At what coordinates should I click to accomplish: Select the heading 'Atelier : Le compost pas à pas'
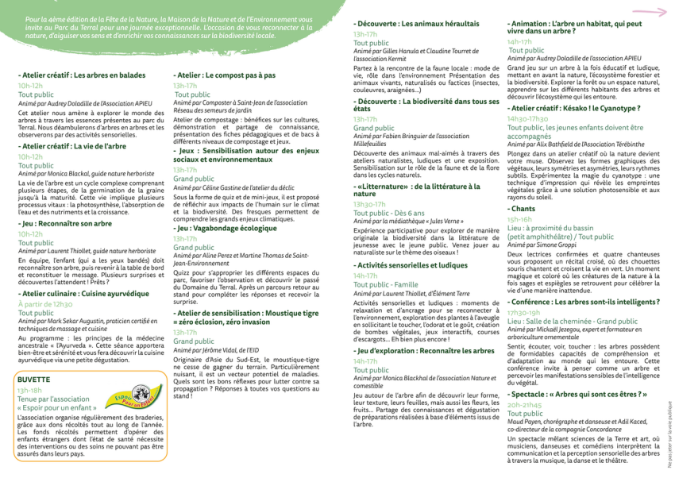(225, 75)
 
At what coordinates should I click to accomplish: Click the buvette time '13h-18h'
(30, 391)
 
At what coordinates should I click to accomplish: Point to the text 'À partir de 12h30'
(45, 304)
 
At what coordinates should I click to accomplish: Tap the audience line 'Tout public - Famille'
(386, 284)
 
